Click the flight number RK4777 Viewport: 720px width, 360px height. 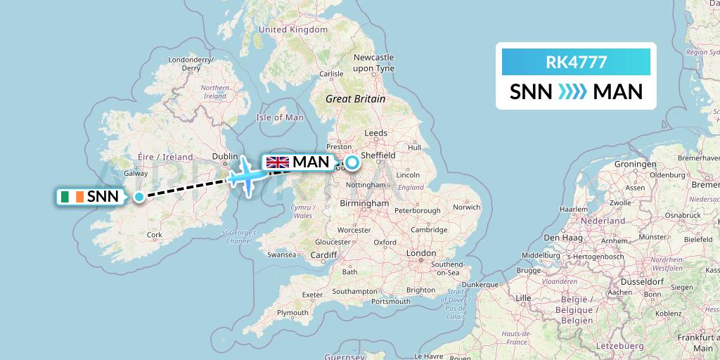[576, 62]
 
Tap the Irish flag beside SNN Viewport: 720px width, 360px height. [71, 197]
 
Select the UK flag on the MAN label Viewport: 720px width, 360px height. [278, 162]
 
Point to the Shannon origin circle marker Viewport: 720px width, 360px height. [139, 197]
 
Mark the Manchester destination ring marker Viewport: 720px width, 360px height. [352, 163]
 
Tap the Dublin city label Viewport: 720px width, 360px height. [225, 157]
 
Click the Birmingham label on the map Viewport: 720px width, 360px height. [364, 203]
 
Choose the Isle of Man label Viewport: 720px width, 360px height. [280, 117]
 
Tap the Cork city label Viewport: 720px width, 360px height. [155, 235]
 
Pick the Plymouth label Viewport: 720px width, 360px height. [292, 313]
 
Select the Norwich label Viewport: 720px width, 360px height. [467, 207]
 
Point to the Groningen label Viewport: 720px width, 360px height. [634, 164]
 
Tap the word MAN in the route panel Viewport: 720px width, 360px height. [618, 92]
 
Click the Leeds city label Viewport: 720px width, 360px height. [376, 133]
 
